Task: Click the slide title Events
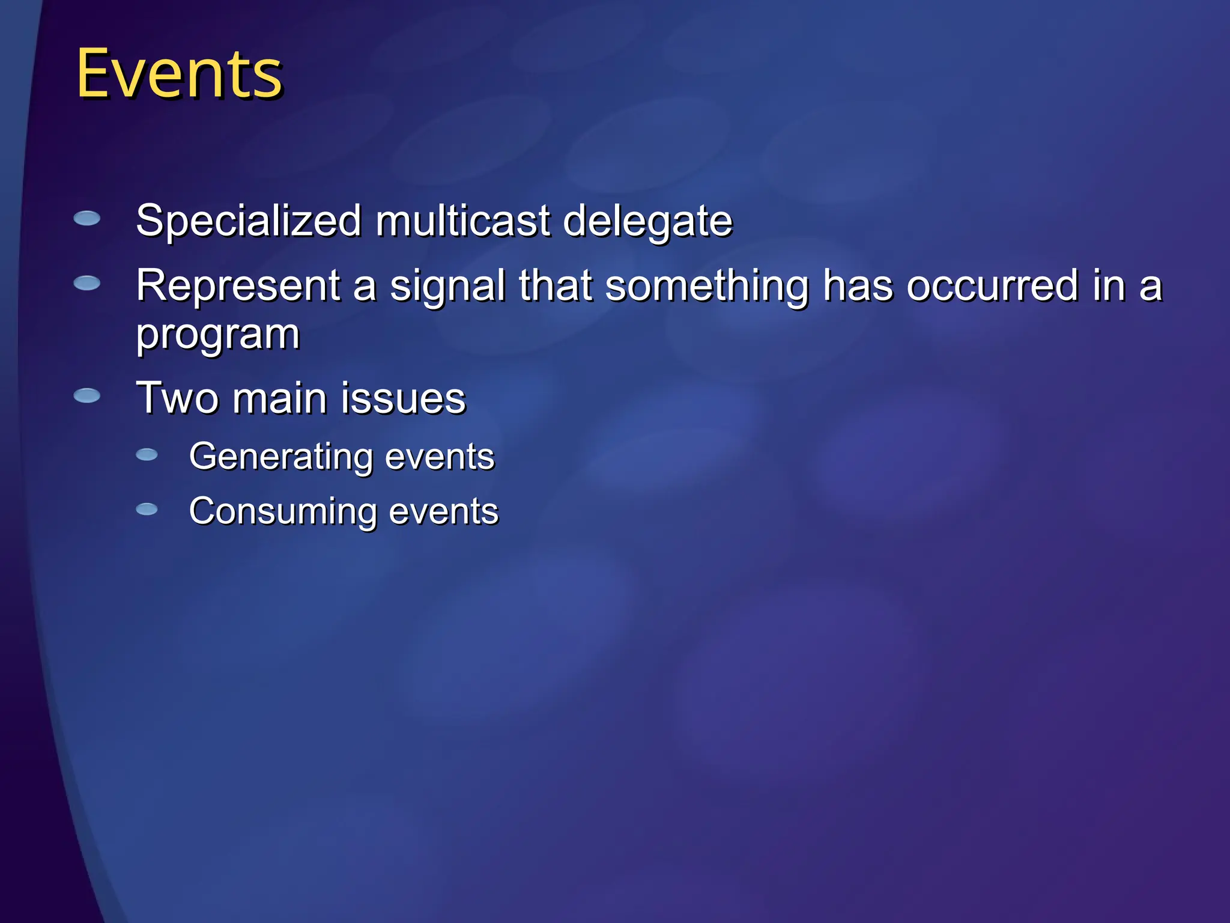(x=179, y=74)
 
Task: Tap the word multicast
(x=463, y=221)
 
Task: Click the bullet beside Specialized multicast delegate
(x=87, y=218)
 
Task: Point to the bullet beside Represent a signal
(x=87, y=283)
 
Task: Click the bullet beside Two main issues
(x=87, y=395)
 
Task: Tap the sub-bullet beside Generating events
(x=147, y=455)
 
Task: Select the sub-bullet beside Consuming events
(x=147, y=510)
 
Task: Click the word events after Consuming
(x=443, y=512)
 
